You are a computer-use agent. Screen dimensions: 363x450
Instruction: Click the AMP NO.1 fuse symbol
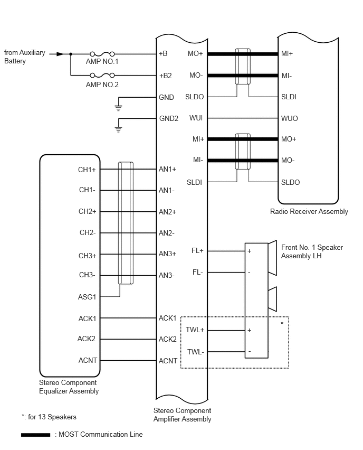point(102,54)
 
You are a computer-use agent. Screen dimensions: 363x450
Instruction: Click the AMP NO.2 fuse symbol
point(102,75)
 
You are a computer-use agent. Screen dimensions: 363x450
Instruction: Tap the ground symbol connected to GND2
point(118,129)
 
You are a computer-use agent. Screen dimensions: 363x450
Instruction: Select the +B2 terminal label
point(166,76)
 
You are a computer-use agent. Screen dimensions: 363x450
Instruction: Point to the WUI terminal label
point(196,118)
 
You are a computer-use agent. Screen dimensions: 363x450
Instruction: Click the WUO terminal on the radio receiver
point(289,118)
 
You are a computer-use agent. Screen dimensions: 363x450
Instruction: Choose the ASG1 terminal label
point(87,297)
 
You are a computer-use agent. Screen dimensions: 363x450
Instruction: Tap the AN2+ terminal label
point(167,212)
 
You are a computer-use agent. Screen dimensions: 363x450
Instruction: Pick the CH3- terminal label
point(87,275)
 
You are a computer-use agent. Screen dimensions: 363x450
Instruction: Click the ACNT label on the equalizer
point(88,360)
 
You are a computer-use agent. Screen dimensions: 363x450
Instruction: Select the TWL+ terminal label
point(195,330)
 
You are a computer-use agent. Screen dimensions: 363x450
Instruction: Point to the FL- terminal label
point(197,272)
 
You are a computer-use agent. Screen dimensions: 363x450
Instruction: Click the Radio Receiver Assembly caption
point(309,211)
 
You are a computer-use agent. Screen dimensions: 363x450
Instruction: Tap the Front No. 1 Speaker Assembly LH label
point(312,251)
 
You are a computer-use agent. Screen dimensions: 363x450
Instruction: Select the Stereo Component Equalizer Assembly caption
point(69,387)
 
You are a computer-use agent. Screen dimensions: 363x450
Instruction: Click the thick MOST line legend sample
point(35,435)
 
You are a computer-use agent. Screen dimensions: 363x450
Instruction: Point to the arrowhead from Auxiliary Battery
point(60,54)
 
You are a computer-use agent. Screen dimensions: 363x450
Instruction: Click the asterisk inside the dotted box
point(282,323)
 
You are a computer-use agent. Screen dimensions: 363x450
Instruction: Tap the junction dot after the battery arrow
point(71,54)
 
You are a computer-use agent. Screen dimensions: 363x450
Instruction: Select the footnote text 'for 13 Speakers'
point(52,417)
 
